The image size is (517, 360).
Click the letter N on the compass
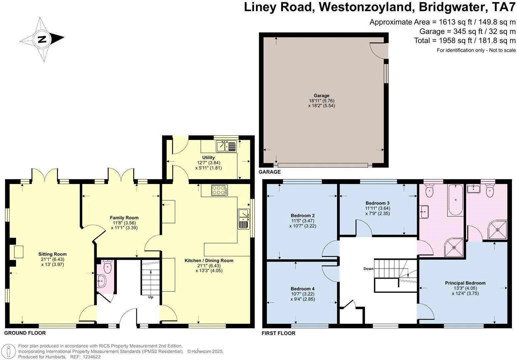pyautogui.click(x=42, y=39)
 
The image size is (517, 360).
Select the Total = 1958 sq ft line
pyautogui.click(x=465, y=40)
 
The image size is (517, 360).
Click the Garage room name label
pyautogui.click(x=321, y=96)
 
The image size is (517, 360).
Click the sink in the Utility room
pyautogui.click(x=226, y=146)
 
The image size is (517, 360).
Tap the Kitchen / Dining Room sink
pyautogui.click(x=244, y=219)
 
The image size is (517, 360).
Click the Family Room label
pyautogui.click(x=124, y=218)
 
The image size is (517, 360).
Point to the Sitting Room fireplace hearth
pyautogui.click(x=19, y=252)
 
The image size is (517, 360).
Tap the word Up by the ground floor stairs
pyautogui.click(x=151, y=297)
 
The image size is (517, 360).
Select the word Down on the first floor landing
pyautogui.click(x=368, y=269)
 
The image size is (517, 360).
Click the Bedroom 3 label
pyautogui.click(x=377, y=203)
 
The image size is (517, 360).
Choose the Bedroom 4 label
pyautogui.click(x=302, y=289)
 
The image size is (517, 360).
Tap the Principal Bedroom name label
pyautogui.click(x=465, y=283)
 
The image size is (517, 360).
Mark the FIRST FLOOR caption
pyautogui.click(x=278, y=333)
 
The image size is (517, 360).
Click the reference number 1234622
pyautogui.click(x=91, y=357)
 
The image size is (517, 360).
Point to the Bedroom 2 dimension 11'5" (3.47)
pyautogui.click(x=302, y=221)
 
